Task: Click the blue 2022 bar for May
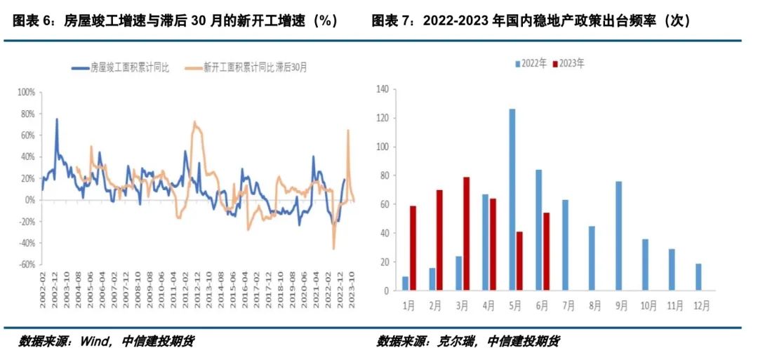point(512,200)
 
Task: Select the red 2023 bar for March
point(466,234)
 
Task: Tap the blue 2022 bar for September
point(619,236)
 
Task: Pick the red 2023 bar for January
point(413,248)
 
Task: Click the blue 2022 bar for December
point(698,276)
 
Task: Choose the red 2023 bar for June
point(546,251)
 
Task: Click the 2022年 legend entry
point(531,63)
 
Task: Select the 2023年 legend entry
point(569,63)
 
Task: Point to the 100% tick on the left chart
point(26,92)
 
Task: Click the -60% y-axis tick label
point(26,265)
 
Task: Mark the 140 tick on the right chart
point(383,89)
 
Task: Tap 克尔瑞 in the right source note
point(459,342)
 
